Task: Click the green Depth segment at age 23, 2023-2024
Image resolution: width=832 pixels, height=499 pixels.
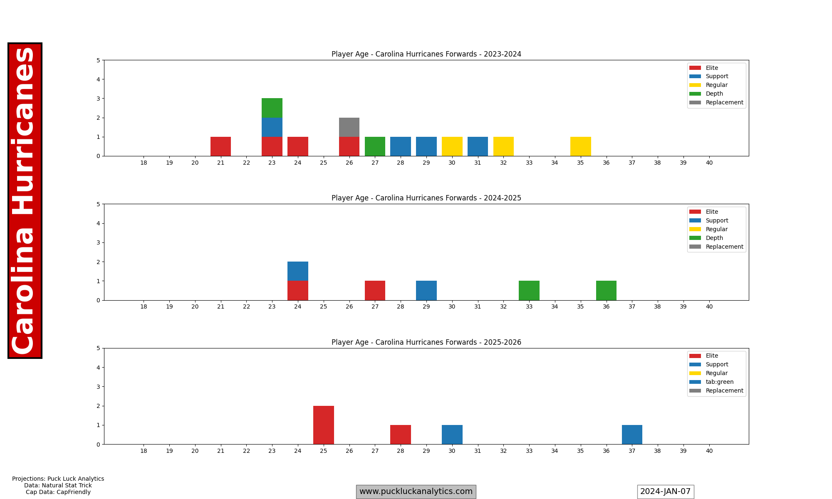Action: pos(272,108)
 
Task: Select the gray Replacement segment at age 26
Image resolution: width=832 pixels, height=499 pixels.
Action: pos(349,127)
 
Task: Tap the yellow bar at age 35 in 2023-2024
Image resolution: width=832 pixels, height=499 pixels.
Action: pos(580,146)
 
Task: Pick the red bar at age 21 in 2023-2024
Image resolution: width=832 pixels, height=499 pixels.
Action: pos(220,146)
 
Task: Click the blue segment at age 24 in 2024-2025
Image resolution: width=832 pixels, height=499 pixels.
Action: pos(298,271)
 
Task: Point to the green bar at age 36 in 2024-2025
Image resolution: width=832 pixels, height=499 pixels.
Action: pos(606,291)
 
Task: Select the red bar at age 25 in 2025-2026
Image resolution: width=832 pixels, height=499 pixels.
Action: pos(324,425)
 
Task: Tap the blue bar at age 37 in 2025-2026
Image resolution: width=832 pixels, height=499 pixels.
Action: pos(632,435)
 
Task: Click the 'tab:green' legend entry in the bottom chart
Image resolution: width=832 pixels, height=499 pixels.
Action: pos(719,382)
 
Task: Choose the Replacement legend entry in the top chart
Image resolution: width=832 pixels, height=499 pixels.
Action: pos(724,102)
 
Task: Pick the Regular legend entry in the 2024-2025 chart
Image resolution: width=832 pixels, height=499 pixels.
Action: pos(716,229)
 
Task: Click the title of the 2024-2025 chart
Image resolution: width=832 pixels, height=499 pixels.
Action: pos(426,198)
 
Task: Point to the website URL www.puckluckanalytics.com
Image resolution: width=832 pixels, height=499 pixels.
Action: pos(416,492)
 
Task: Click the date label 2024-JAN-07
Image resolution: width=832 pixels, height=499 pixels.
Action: pos(665,492)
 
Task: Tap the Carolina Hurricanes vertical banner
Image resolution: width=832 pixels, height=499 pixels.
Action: pos(25,200)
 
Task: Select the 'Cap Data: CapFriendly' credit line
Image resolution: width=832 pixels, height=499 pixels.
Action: pos(58,492)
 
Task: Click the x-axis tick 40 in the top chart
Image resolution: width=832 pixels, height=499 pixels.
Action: pos(709,163)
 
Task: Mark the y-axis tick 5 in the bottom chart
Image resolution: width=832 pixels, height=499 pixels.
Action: pos(98,348)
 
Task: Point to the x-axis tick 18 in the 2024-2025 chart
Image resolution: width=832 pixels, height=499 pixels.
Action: pos(144,307)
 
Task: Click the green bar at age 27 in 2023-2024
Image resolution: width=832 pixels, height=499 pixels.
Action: pos(375,146)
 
